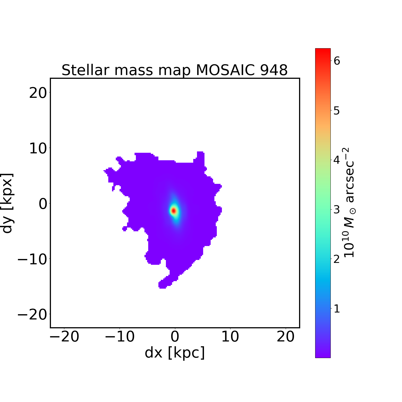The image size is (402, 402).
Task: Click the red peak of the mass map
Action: pyautogui.click(x=174, y=211)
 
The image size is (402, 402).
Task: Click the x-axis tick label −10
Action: pyautogui.click(x=120, y=337)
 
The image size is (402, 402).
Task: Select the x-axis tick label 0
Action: pyautogui.click(x=175, y=337)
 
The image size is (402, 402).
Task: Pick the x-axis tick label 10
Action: pyautogui.click(x=230, y=337)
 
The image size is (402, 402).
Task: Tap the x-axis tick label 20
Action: pyautogui.click(x=286, y=337)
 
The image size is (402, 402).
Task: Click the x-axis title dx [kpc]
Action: pyautogui.click(x=175, y=353)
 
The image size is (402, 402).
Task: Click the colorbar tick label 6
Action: pyautogui.click(x=337, y=61)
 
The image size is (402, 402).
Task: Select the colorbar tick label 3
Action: pyautogui.click(x=337, y=210)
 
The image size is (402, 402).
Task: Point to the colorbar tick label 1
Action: pyautogui.click(x=337, y=309)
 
